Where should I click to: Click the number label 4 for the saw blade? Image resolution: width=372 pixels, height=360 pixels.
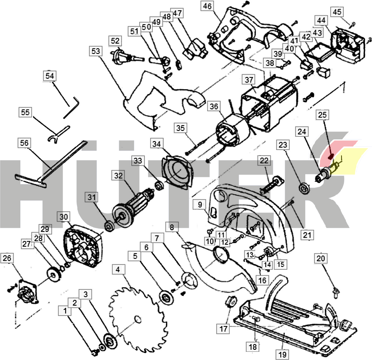117,269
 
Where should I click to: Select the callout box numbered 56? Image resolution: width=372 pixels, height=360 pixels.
24,143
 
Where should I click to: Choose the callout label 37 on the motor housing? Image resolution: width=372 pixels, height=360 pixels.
249,80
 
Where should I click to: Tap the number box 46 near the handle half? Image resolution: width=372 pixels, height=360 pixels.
207,6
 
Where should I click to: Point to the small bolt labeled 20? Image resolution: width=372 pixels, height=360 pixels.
336,290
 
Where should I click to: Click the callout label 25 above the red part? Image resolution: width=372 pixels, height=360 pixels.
323,115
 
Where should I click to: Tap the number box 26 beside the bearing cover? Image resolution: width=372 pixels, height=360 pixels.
7,258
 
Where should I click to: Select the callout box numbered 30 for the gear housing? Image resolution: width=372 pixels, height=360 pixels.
64,217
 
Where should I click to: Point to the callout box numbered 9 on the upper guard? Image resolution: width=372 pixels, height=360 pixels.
200,204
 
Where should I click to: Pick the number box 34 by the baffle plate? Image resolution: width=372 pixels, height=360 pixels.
157,144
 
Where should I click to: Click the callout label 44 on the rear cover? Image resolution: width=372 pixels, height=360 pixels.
321,20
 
